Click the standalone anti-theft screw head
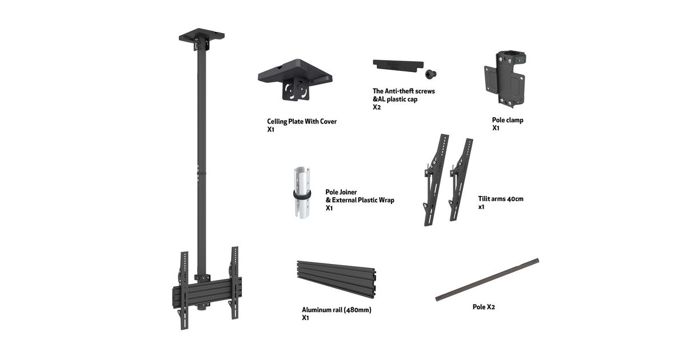point(430,74)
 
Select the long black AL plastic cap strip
point(398,66)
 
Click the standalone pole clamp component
point(505,79)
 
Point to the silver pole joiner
point(302,192)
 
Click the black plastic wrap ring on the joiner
point(302,195)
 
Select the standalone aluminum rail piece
point(336,279)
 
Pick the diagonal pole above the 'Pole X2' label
point(487,279)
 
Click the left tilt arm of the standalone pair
point(436,179)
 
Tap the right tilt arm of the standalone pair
point(461,179)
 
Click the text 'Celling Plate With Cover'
point(302,122)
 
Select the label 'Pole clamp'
point(508,120)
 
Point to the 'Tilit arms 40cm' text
point(501,199)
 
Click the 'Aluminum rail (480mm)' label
point(337,310)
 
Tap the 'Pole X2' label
point(484,307)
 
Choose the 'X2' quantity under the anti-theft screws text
point(377,107)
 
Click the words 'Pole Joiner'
point(341,192)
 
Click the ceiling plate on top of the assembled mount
point(202,39)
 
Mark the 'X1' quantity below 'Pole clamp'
point(496,128)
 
